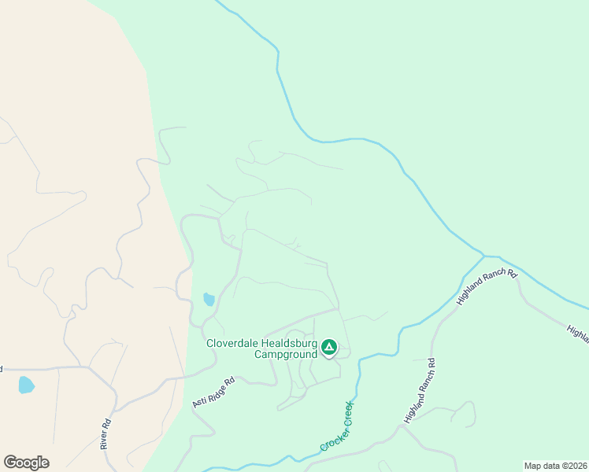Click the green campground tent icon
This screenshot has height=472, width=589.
(328, 347)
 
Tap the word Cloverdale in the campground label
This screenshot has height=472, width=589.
(234, 343)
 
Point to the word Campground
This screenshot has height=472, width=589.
(285, 354)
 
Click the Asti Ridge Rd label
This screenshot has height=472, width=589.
(213, 393)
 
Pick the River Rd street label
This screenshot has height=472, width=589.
(106, 433)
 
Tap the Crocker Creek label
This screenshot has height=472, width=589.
(336, 426)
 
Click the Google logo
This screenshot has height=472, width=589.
(26, 463)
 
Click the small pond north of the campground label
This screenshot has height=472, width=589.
(209, 299)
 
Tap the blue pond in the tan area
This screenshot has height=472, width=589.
(26, 385)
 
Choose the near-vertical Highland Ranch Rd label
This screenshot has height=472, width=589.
(419, 391)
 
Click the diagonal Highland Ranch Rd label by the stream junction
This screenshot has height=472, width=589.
(486, 287)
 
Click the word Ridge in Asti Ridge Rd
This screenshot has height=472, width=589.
(214, 392)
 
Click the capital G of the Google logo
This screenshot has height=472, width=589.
(10, 462)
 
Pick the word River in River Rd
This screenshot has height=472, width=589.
(105, 438)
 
